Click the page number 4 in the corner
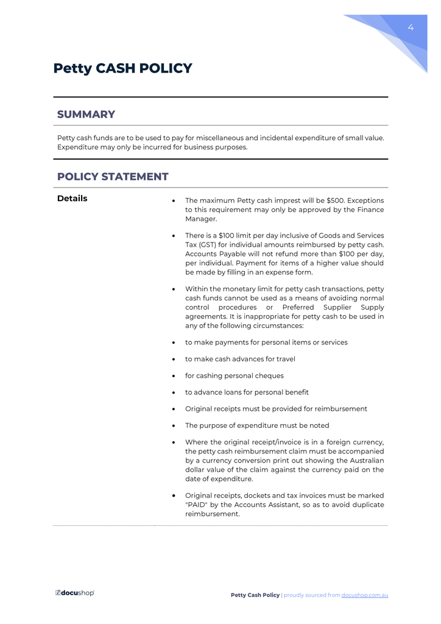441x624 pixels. click(411, 27)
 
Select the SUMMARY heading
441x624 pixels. click(86, 115)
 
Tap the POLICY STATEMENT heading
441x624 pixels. click(113, 177)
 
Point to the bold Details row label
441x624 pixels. click(72, 199)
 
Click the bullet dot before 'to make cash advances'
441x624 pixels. click(174, 360)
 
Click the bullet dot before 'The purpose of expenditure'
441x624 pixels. click(174, 426)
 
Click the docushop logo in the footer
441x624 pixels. click(75, 593)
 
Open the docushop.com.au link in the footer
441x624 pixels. click(364, 595)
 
